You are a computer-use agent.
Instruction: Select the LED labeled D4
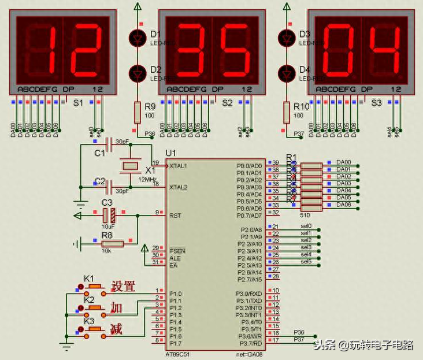coord(287,73)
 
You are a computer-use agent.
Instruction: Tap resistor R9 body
coord(138,112)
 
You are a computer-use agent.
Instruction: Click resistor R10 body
coord(287,112)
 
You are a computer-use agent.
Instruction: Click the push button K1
coord(93,287)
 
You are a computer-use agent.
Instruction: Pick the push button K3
coord(93,329)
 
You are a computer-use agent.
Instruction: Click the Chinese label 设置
coord(123,286)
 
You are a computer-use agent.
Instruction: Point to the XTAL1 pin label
coord(177,166)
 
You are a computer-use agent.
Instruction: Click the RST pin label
coord(175,216)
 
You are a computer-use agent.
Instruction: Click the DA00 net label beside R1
coord(343,162)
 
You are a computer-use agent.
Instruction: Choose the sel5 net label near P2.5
coord(306,261)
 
